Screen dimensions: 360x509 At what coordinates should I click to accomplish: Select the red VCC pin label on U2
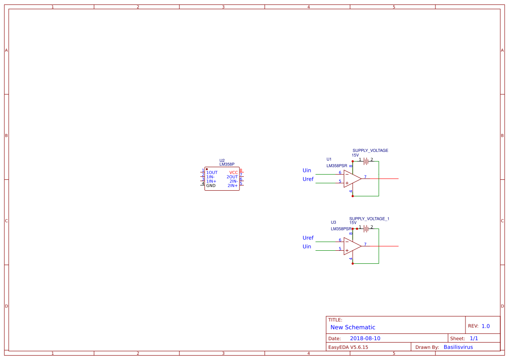[233, 173]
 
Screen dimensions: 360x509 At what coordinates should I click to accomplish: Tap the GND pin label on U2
[211, 186]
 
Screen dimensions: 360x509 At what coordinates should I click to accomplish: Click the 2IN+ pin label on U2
[233, 186]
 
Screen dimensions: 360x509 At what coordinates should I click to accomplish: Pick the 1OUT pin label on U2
[212, 173]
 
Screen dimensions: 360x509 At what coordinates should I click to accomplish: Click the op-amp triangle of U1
[351, 178]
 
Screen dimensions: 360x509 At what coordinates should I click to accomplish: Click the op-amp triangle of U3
[351, 246]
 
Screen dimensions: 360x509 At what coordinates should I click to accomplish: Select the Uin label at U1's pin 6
[307, 170]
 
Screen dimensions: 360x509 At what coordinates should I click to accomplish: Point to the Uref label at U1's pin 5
[308, 179]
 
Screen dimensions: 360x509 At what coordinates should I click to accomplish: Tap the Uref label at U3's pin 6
[308, 238]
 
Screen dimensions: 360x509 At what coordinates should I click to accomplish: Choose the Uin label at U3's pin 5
[307, 246]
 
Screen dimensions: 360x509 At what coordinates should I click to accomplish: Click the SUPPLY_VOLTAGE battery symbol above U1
[366, 161]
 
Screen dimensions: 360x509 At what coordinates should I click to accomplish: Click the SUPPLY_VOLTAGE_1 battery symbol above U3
[366, 229]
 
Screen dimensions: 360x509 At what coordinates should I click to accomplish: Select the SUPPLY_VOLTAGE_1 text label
[369, 219]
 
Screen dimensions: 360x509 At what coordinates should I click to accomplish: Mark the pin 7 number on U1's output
[365, 177]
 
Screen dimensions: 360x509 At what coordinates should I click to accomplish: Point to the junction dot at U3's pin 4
[353, 263]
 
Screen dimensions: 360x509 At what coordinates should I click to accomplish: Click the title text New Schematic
[353, 327]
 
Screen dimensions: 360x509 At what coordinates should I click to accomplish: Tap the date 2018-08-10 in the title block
[365, 338]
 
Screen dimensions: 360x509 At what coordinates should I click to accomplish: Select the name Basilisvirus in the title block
[458, 347]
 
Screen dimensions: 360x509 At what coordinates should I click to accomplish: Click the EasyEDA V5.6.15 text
[348, 347]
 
